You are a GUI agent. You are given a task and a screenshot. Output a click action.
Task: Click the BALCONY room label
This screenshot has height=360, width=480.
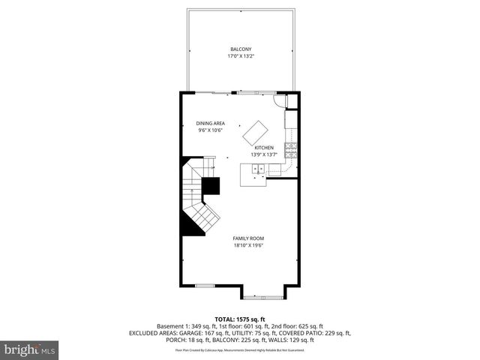point(240,49)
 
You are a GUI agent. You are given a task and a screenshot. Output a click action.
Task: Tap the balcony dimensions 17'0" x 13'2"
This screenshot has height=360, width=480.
point(240,56)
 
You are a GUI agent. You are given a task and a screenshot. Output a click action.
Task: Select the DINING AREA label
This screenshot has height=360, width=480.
point(211,123)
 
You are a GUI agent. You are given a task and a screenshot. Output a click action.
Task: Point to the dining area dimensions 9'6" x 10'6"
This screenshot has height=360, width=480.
point(211,130)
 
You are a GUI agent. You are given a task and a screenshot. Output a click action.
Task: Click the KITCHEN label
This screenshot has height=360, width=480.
point(263,148)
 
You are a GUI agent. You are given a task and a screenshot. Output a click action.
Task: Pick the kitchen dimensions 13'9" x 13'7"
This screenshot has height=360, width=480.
point(263,155)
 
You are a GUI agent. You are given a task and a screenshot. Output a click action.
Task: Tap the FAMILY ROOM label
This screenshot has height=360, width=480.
point(247,238)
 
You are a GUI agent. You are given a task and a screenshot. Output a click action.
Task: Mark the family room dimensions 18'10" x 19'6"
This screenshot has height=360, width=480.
point(247,245)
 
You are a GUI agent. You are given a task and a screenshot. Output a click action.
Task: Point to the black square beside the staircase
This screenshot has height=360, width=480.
point(211,187)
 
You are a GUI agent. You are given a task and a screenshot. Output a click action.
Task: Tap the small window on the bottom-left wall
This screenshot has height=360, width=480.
point(205,286)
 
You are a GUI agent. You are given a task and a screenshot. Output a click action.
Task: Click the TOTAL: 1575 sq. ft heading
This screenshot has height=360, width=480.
point(240,318)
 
